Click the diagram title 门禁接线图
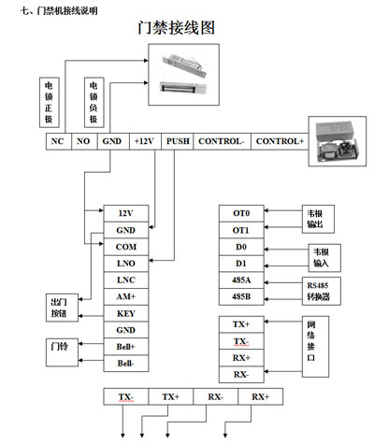click(177, 28)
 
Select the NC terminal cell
click(59, 141)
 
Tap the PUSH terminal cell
click(178, 141)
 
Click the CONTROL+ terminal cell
click(280, 141)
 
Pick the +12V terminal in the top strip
click(145, 141)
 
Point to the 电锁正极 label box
click(50, 102)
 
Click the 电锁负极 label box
click(94, 102)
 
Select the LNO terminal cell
click(126, 264)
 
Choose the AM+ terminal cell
click(126, 296)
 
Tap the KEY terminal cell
click(126, 313)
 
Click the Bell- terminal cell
click(126, 364)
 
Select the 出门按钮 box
click(62, 308)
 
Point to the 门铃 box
click(62, 352)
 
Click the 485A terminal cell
click(241, 280)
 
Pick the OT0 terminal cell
click(241, 213)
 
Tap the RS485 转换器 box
click(322, 291)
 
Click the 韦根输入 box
click(324, 258)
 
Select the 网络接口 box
click(315, 347)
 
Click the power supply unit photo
click(338, 141)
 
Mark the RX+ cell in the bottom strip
click(261, 396)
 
